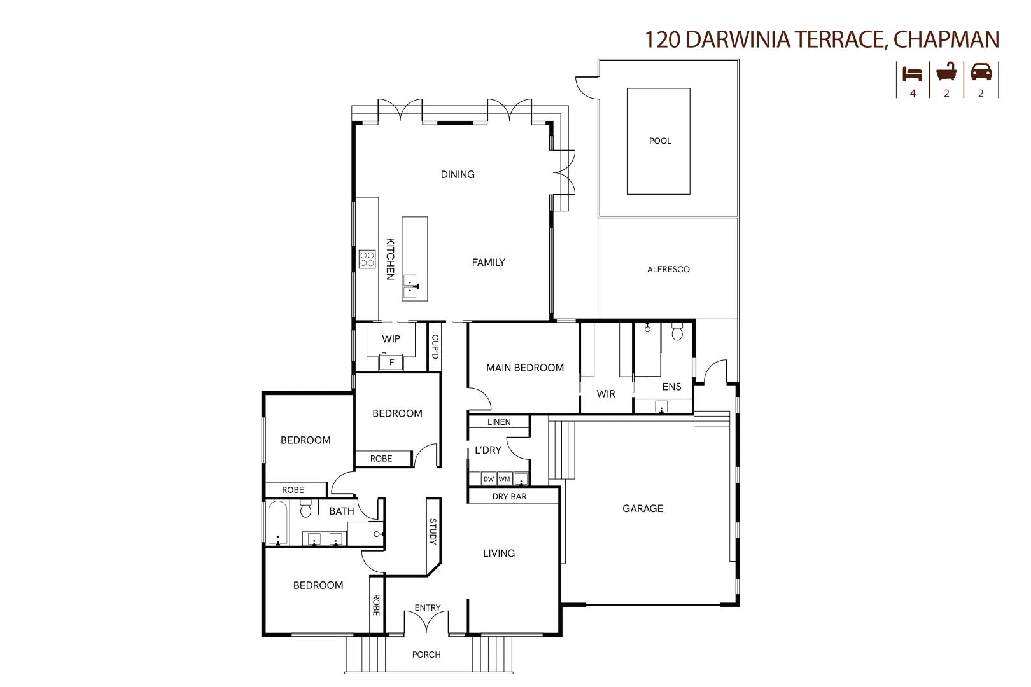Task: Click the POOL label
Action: [x=660, y=141]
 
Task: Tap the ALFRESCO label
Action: [x=668, y=269]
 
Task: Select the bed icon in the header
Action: [x=912, y=73]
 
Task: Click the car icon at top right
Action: [x=981, y=72]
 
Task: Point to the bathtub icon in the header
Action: [x=946, y=72]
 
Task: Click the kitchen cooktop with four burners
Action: [x=367, y=259]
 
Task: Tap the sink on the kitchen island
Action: [x=410, y=287]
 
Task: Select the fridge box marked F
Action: [x=392, y=363]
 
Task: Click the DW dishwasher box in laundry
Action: [x=489, y=479]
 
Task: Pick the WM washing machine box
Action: [x=505, y=479]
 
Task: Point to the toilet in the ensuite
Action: [x=677, y=332]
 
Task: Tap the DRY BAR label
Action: [x=509, y=496]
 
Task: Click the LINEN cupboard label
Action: [x=499, y=422]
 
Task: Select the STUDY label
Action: [x=433, y=532]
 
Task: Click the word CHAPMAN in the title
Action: [x=946, y=39]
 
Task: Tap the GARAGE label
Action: [x=643, y=508]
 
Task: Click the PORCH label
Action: [x=426, y=655]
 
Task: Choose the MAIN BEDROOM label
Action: [x=525, y=368]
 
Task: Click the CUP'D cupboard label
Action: [x=435, y=347]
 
